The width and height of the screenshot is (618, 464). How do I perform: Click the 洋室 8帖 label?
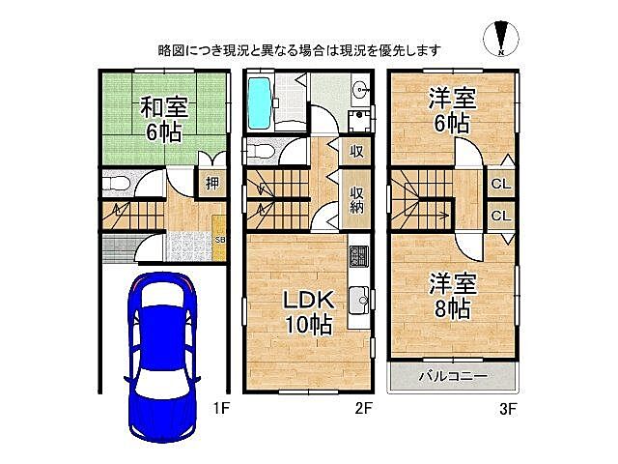tap(451, 296)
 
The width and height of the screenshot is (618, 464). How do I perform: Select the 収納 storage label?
tap(356, 199)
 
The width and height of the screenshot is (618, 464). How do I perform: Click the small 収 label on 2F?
tap(356, 152)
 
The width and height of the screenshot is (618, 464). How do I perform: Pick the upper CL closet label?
tap(500, 184)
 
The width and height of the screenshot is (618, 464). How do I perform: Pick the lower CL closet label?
tap(500, 216)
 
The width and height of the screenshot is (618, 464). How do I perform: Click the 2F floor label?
tap(363, 409)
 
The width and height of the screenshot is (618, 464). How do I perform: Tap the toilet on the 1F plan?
tap(115, 183)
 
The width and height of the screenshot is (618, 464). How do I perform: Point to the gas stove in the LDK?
tap(358, 256)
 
